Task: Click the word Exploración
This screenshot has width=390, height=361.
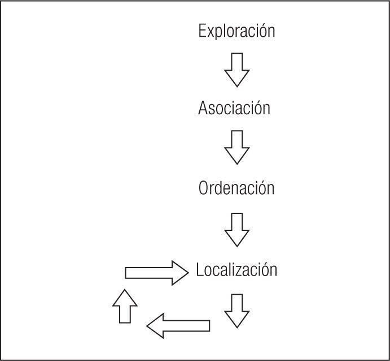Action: pos(236,31)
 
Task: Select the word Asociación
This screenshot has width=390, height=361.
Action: pos(234,108)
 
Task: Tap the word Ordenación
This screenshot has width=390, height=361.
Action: pos(236,188)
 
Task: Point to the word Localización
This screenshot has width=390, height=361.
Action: pos(236,270)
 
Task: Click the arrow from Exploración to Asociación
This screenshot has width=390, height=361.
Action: pos(236,69)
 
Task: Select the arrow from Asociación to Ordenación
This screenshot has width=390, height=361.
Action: pos(236,147)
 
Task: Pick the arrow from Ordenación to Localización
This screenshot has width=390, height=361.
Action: pos(236,229)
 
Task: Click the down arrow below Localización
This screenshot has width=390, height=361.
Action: pos(236,311)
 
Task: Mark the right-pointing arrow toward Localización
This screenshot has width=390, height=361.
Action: pos(156,273)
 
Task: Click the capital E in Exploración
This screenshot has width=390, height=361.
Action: pos(202,31)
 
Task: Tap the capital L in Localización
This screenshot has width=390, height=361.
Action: pos(199,270)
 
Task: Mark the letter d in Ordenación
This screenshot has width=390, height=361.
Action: pos(220,188)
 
